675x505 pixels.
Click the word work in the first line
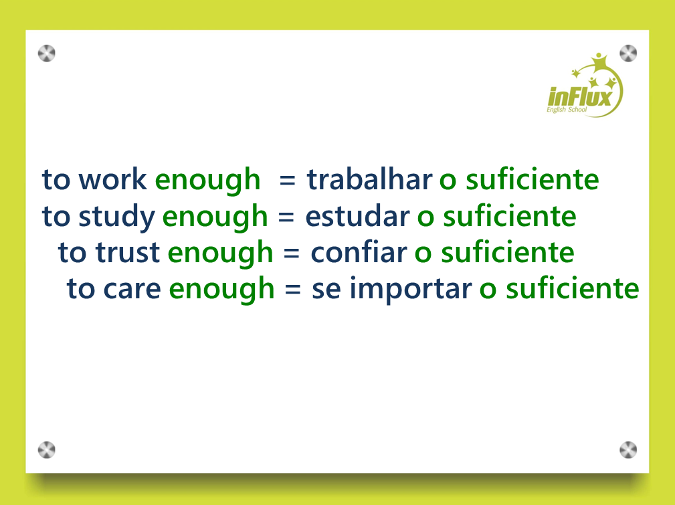pyautogui.click(x=113, y=179)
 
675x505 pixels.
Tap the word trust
pyautogui.click(x=128, y=252)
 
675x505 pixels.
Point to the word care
pyautogui.click(x=132, y=290)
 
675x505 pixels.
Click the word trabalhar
pyautogui.click(x=369, y=179)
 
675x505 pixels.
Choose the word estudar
pyautogui.click(x=357, y=215)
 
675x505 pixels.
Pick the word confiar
pyautogui.click(x=359, y=251)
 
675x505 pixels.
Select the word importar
pyautogui.click(x=411, y=290)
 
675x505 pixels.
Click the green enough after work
pyautogui.click(x=207, y=181)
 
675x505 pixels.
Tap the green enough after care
pyautogui.click(x=221, y=290)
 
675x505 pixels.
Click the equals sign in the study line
pyautogui.click(x=286, y=217)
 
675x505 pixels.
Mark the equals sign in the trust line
pyautogui.click(x=292, y=253)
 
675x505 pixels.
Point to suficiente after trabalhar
pyautogui.click(x=532, y=179)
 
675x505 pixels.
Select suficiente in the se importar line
pyautogui.click(x=572, y=288)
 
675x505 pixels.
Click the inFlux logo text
pyautogui.click(x=580, y=97)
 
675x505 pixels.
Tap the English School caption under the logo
pyautogui.click(x=567, y=110)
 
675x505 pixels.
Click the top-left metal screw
pyautogui.click(x=46, y=54)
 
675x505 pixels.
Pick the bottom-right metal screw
pyautogui.click(x=628, y=450)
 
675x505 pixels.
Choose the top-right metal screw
pyautogui.click(x=628, y=54)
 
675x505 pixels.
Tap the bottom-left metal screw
pyautogui.click(x=46, y=450)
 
